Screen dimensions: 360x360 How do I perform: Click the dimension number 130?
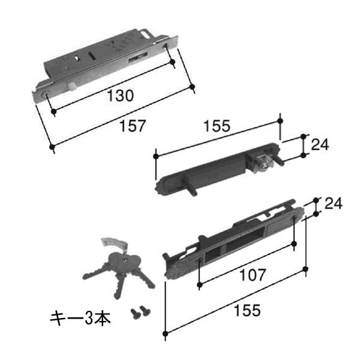click(x=121, y=95)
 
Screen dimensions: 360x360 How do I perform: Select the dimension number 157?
click(x=133, y=126)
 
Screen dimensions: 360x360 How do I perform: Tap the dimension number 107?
click(x=253, y=275)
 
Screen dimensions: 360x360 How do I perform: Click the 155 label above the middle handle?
click(x=217, y=126)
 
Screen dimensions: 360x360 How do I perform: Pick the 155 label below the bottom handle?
click(x=247, y=310)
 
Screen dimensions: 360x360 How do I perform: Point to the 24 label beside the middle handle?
click(x=320, y=145)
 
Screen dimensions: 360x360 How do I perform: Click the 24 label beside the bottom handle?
click(x=334, y=203)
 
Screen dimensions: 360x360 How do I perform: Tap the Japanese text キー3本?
click(x=80, y=318)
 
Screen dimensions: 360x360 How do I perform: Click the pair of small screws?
click(x=140, y=312)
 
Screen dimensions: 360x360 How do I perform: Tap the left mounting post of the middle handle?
click(x=189, y=185)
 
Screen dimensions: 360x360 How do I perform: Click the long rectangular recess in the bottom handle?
click(x=245, y=241)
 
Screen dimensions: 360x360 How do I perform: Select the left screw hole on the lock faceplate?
click(x=45, y=94)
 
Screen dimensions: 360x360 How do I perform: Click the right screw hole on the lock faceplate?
click(x=166, y=44)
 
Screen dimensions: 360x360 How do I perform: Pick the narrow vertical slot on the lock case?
click(x=91, y=56)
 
